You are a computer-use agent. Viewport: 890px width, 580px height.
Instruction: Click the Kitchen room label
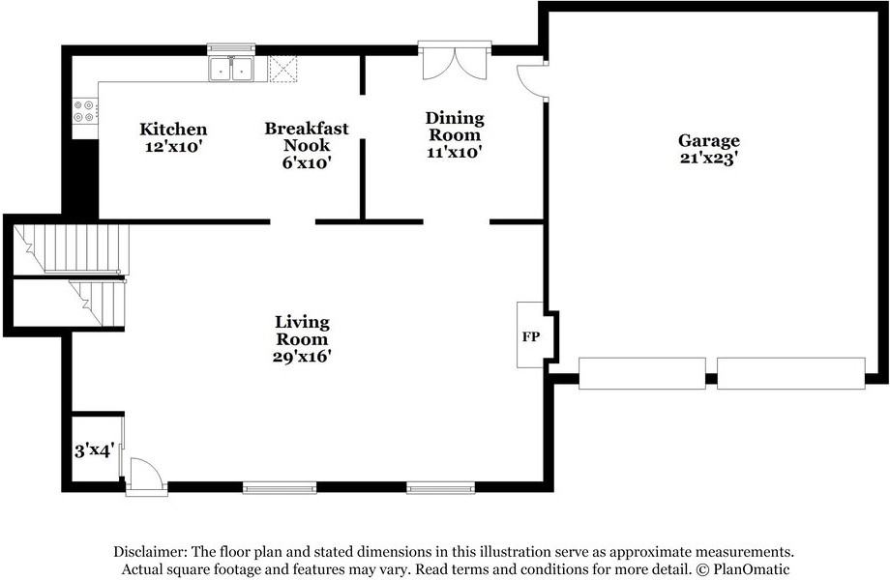point(173,130)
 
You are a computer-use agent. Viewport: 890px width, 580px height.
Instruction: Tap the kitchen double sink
point(231,70)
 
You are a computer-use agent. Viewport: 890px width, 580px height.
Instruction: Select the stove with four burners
point(85,111)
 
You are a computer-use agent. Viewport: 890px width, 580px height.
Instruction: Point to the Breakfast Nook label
point(307,136)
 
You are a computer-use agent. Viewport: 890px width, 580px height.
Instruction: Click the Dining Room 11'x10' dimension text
point(455,152)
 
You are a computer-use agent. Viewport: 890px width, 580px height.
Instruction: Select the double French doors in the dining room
point(455,63)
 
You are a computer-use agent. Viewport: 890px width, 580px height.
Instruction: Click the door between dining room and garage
point(531,81)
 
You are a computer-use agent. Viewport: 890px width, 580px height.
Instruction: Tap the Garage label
point(709,140)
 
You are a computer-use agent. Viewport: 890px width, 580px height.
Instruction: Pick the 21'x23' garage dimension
point(709,159)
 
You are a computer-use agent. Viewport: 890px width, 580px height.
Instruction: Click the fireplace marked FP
point(531,335)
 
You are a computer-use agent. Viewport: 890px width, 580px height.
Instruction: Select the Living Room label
point(302,331)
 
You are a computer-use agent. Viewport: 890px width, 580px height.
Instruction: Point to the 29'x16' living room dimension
point(302,357)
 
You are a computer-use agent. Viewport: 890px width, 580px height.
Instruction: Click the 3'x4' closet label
point(95,451)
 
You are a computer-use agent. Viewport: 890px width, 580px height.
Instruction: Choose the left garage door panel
point(642,373)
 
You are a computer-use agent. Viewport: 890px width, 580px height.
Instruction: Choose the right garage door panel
point(791,373)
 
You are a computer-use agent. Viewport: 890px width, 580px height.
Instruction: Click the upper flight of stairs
point(71,248)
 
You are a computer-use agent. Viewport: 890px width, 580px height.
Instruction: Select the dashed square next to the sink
point(282,70)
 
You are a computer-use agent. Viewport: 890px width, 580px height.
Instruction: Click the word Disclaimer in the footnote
point(149,551)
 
